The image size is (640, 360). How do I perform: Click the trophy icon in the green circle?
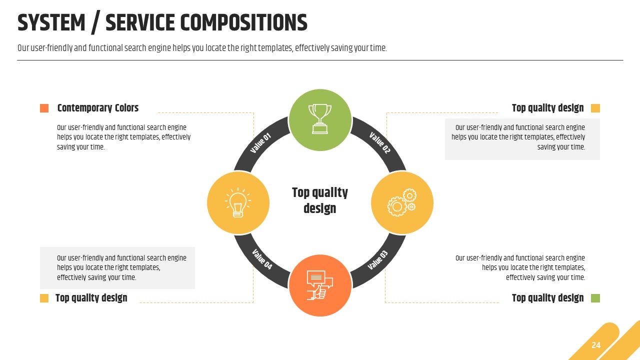click(320, 119)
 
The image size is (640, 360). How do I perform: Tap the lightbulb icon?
click(237, 202)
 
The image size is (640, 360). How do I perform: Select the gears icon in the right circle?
click(402, 202)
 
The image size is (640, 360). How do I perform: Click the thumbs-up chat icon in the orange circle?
click(319, 285)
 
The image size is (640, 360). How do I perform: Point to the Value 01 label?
click(260, 143)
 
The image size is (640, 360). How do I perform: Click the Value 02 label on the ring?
click(379, 143)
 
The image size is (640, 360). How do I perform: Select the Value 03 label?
click(377, 260)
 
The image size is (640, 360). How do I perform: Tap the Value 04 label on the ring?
click(262, 259)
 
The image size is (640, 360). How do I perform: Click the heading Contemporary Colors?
click(97, 108)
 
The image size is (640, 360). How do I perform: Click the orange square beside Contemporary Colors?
click(44, 108)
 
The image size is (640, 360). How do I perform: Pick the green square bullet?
click(595, 298)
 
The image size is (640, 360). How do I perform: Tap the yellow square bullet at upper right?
click(595, 108)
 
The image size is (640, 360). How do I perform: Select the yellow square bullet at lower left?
click(44, 298)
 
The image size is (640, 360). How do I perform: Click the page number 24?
click(596, 345)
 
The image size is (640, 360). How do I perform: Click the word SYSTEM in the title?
click(51, 23)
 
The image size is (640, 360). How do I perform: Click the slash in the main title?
click(95, 23)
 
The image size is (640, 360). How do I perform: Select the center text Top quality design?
click(320, 200)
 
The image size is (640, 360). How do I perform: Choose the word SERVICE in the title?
click(140, 23)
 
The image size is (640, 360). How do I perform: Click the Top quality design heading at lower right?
click(547, 298)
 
